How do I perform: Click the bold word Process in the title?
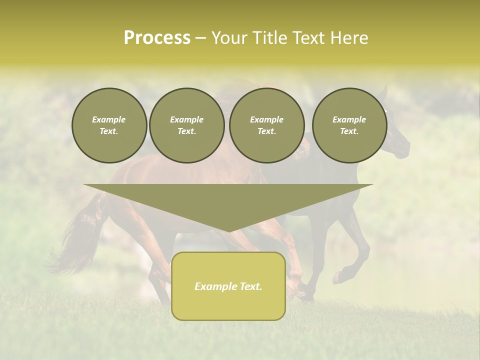(157, 38)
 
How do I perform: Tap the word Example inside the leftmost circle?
(109, 119)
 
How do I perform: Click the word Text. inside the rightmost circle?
(349, 131)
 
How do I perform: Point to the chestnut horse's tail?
(75, 240)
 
